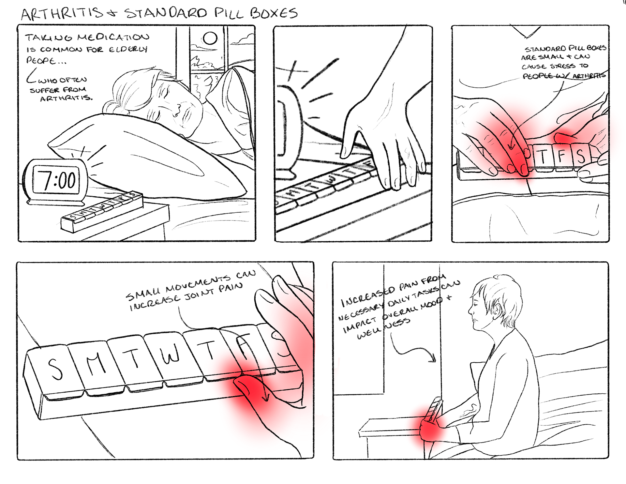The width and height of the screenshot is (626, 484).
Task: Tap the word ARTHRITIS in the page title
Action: (x=62, y=13)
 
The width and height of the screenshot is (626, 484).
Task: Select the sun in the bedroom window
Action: (x=210, y=38)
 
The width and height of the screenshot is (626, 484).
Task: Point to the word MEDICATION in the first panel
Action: (x=113, y=37)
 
